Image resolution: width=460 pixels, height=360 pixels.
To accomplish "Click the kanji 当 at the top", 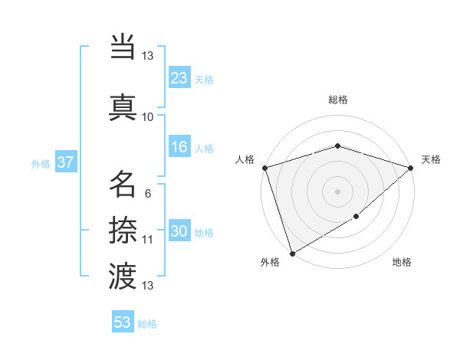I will (x=123, y=47).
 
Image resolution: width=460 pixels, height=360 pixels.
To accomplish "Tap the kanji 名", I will (x=123, y=185).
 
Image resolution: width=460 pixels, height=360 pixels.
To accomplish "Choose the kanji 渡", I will (x=123, y=277).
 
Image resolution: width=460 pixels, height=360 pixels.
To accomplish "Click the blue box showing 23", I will (x=179, y=78).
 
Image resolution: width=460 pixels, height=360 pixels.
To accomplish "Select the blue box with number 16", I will (x=179, y=148).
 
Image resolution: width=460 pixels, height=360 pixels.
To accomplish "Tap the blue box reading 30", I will (x=179, y=232).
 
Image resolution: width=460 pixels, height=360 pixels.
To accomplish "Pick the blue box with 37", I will (x=65, y=163).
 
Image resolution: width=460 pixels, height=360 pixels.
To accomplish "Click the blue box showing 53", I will (x=123, y=322).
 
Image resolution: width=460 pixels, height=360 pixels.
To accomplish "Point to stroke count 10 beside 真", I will (x=147, y=117).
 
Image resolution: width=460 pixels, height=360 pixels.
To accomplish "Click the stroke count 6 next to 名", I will (x=147, y=194).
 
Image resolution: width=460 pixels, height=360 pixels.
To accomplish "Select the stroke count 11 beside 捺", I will (x=147, y=240).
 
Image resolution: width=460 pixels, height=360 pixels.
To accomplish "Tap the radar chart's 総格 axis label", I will (x=337, y=100).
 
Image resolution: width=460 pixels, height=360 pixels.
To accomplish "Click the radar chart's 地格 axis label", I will (x=402, y=263).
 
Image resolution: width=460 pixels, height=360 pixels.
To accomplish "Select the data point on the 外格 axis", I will (x=292, y=253).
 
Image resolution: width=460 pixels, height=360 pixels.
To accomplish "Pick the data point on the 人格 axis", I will (x=264, y=168).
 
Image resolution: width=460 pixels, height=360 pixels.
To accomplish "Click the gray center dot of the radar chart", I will (x=337, y=191).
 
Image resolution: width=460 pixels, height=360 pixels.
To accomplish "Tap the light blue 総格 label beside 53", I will (x=147, y=324).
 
